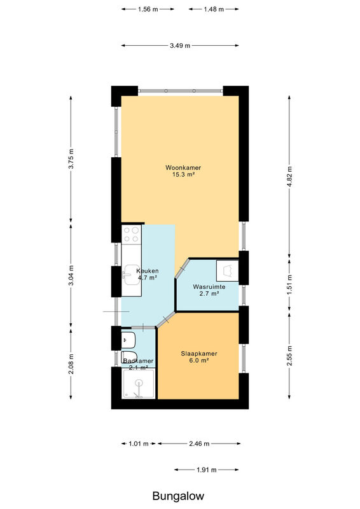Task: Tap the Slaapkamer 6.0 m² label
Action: [x=195, y=357]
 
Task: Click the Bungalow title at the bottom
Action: [x=178, y=496]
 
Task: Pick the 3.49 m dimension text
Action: [x=180, y=46]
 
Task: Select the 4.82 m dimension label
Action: [x=289, y=176]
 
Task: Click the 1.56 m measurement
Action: [x=148, y=9]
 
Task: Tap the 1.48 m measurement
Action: [x=214, y=9]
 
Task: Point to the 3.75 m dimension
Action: [x=71, y=158]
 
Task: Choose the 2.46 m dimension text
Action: [x=199, y=443]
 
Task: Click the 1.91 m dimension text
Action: [x=207, y=470]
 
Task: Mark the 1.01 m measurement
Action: [x=139, y=443]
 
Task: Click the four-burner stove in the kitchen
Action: [x=132, y=234]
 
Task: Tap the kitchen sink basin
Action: [x=131, y=275]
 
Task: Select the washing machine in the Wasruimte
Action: [x=228, y=270]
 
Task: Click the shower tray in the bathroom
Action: [x=139, y=384]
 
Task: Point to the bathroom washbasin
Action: [x=128, y=340]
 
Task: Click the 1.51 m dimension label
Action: [x=289, y=282]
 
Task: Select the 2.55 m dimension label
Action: [x=289, y=356]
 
